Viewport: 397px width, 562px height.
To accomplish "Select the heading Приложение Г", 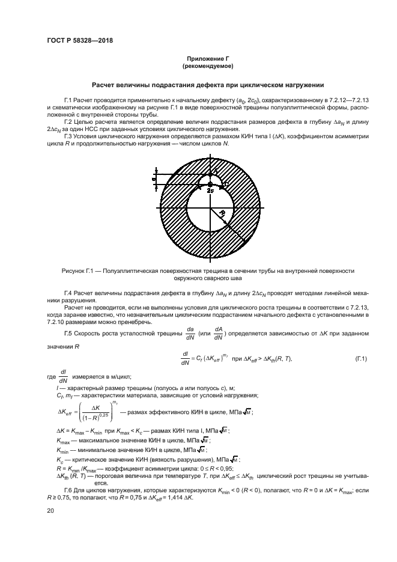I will point(208,58).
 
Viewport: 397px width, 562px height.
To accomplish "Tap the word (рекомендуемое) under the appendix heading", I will point(208,66).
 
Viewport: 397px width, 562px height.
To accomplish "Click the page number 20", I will point(51,510).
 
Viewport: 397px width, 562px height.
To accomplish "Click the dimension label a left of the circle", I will point(154,179).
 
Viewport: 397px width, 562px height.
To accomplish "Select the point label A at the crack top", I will point(214,171).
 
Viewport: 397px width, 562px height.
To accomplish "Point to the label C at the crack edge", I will point(226,183).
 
